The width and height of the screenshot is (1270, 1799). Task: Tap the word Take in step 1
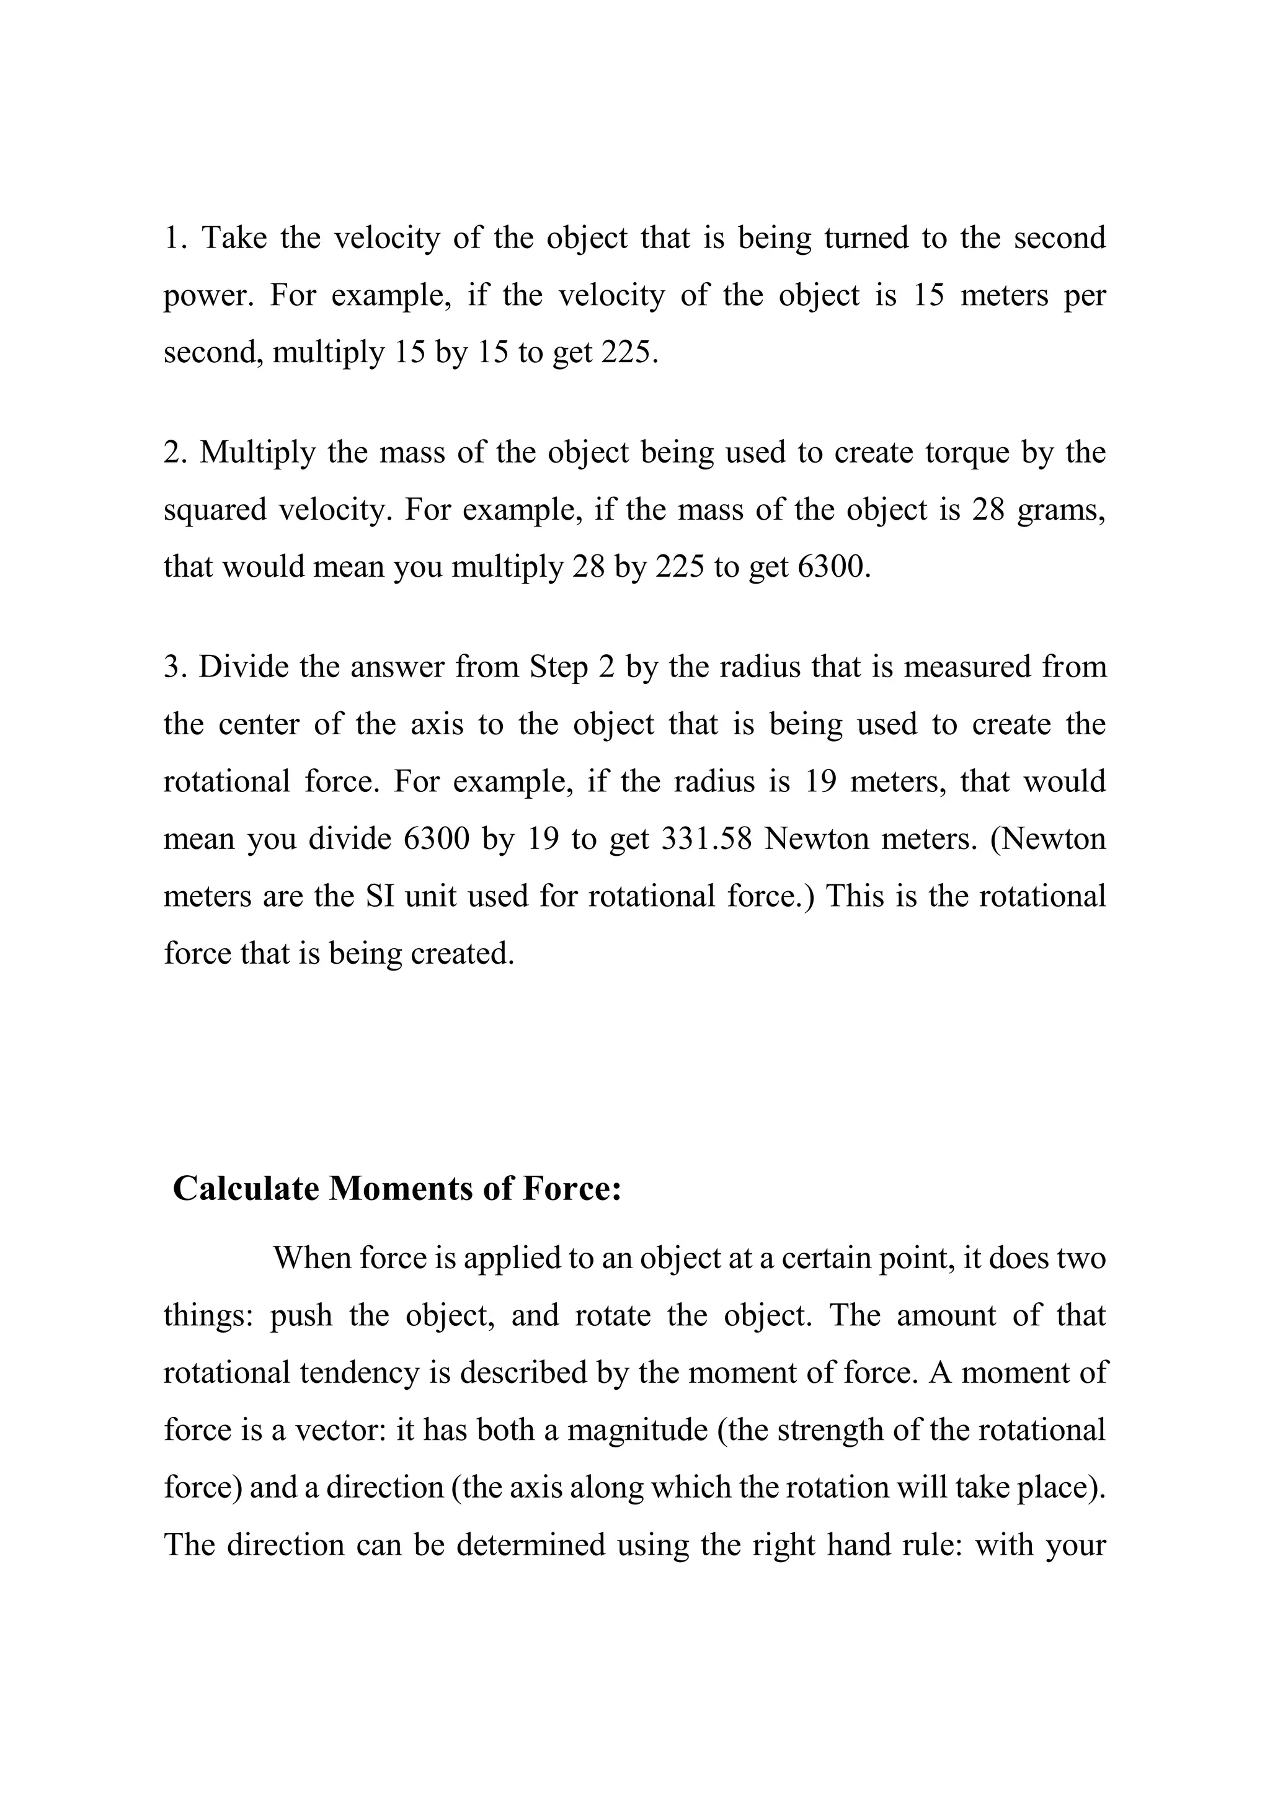click(235, 238)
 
